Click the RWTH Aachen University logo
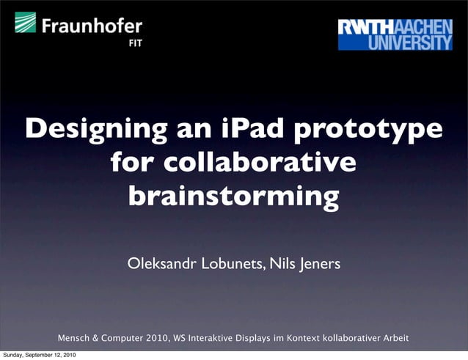395,34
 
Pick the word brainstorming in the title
233,196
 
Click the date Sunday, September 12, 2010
38,356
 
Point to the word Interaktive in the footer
211,339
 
